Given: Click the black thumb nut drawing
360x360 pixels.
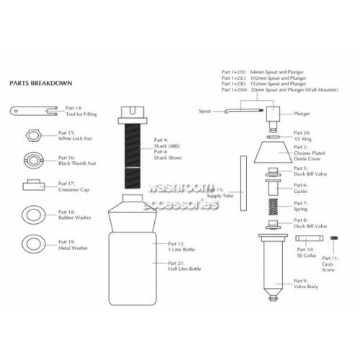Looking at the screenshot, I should pos(32,159).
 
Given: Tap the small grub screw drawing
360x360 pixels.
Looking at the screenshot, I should pos(333,238).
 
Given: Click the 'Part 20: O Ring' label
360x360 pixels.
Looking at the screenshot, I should pos(302,135).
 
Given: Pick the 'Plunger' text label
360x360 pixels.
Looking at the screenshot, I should pos(302,112).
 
